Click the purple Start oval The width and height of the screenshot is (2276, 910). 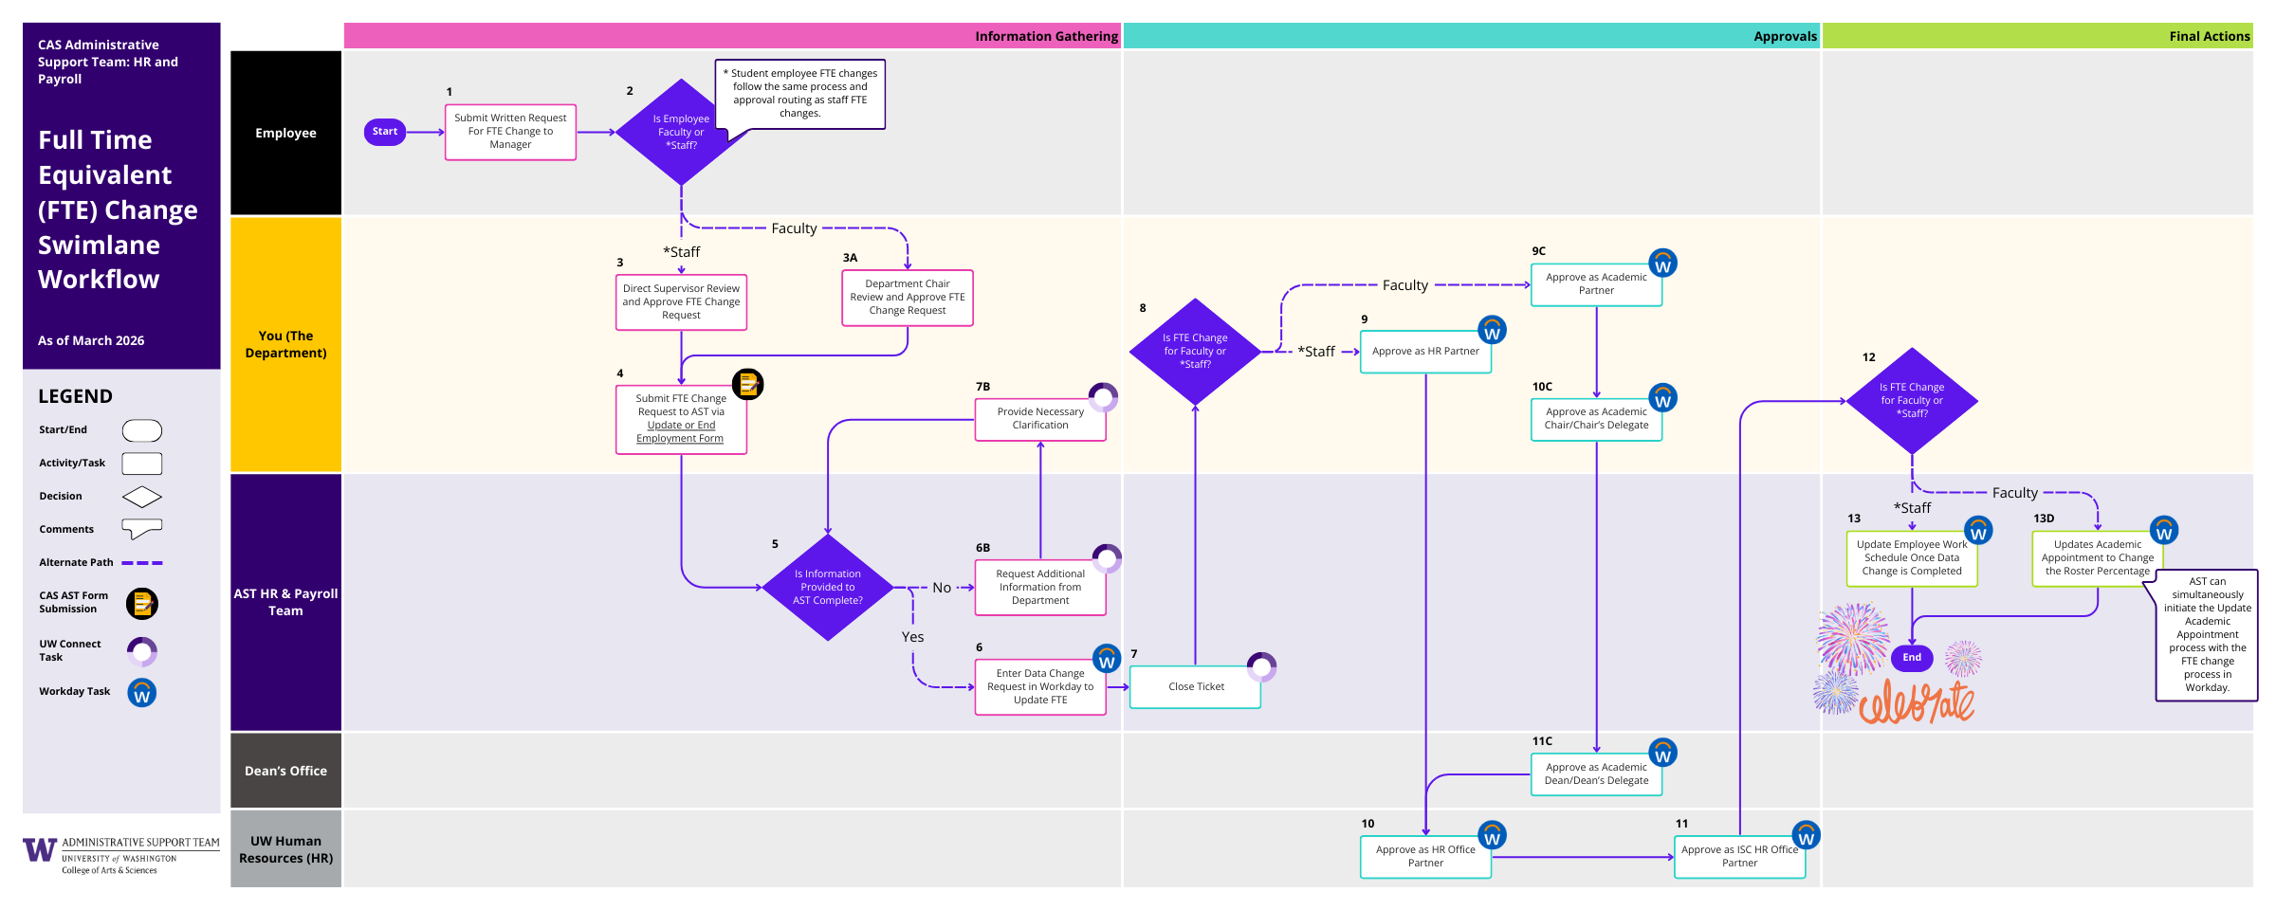385,132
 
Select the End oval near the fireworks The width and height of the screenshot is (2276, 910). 1911,657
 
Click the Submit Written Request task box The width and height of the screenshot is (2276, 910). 510,132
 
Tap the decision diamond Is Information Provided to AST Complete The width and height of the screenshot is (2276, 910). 828,588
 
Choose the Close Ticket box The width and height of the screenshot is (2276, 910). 1195,686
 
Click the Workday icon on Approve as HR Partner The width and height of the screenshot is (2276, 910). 1492,331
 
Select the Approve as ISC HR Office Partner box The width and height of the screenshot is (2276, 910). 1738,856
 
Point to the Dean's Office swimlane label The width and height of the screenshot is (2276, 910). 285,771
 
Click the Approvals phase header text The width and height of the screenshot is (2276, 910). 1785,36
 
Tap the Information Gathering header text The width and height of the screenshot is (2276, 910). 1046,36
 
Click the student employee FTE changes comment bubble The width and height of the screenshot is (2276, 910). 799,93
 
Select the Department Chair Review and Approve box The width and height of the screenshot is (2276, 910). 907,298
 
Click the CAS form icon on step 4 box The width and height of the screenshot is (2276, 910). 747,384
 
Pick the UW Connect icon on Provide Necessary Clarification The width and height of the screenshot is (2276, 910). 1103,396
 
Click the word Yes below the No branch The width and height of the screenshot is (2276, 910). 912,637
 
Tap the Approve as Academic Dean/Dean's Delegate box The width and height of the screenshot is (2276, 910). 1596,773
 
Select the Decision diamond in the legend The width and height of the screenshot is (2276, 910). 142,497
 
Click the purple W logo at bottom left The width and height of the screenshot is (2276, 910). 40,849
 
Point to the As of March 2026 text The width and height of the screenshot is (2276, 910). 91,340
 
